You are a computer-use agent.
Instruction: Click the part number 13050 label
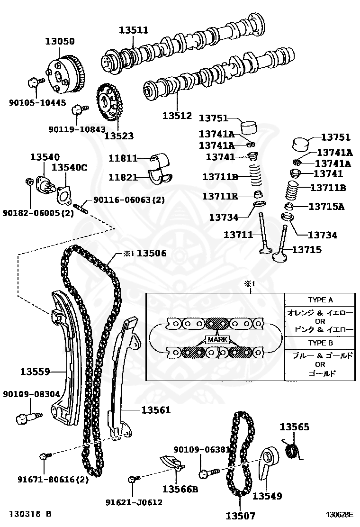point(60,41)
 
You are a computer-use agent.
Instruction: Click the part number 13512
point(177,115)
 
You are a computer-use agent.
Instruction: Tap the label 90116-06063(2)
point(129,200)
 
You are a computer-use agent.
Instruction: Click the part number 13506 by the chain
point(152,253)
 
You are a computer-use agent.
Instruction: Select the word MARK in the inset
point(217,340)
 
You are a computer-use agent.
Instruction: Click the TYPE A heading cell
point(320,300)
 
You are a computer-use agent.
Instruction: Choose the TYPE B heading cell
point(320,343)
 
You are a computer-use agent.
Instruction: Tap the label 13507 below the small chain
point(240,516)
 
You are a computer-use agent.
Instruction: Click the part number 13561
point(155,410)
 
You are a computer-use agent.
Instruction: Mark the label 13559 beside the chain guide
point(35,372)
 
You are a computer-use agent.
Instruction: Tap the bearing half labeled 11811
point(162,158)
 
